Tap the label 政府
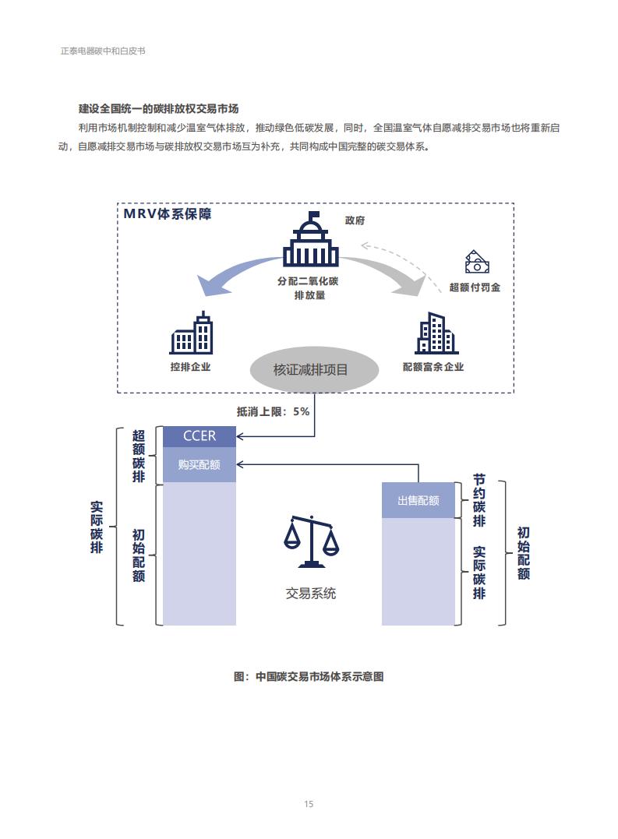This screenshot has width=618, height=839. (355, 220)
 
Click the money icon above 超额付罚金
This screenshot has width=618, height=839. (476, 263)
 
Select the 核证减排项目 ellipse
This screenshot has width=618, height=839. (315, 370)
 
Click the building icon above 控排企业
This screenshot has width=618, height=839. (191, 333)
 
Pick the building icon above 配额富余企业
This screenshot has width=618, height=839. (436, 333)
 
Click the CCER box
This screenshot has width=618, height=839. (200, 436)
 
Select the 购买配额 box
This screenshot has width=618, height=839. (200, 464)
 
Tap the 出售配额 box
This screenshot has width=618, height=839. (418, 500)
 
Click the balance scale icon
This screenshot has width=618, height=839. (312, 541)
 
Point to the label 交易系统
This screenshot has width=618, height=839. (311, 594)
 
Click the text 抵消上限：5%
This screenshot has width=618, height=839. (273, 411)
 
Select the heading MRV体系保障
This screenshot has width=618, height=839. (168, 214)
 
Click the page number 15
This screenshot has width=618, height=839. (309, 804)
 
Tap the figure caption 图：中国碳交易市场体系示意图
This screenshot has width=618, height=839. (309, 676)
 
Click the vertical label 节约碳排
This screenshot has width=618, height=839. (479, 500)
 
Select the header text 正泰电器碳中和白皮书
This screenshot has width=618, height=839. (103, 51)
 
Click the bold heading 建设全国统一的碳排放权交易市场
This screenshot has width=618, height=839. (158, 108)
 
